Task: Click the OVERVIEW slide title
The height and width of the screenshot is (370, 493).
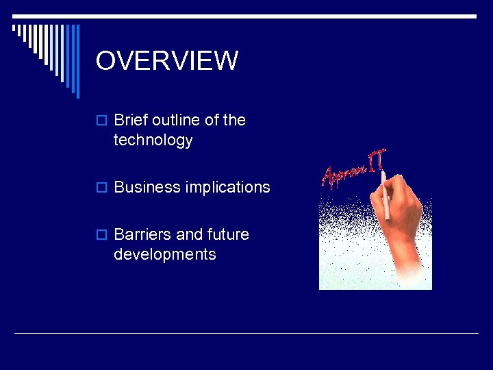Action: pos(166,61)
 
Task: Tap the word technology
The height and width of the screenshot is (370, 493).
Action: pos(153,140)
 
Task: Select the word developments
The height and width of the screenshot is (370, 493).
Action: pos(165,254)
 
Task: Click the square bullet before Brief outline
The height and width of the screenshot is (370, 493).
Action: pos(101,121)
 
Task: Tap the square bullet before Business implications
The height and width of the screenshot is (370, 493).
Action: pos(101,188)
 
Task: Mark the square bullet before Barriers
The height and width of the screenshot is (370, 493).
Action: pos(101,235)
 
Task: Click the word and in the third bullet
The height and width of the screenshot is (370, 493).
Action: pos(190,234)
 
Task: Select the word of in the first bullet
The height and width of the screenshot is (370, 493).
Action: pos(212,120)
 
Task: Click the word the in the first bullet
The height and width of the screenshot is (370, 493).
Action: pos(234,120)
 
